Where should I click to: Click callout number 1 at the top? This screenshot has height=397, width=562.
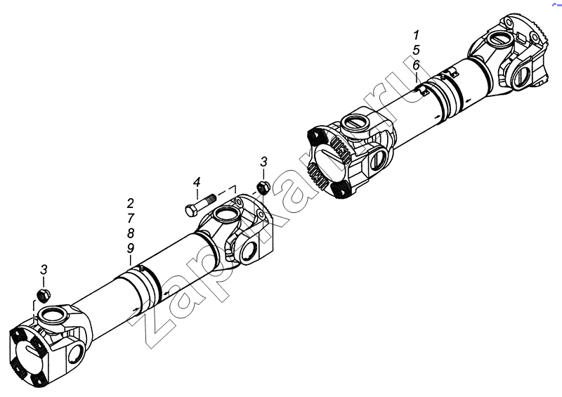416,35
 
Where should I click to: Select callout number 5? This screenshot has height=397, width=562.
416,50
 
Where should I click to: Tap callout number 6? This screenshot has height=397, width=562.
416,65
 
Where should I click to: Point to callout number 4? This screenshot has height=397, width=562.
197,182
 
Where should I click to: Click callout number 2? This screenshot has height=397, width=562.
131,203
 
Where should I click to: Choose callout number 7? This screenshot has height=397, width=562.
131,218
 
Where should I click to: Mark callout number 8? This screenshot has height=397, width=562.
131,233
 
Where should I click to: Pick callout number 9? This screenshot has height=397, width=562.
131,248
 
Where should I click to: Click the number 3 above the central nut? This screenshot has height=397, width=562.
264,162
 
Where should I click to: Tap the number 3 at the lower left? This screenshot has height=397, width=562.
44,269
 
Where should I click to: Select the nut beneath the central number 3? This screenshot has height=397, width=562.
264,188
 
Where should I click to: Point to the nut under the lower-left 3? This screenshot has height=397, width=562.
44,296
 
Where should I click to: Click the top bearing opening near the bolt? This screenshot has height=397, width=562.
226,216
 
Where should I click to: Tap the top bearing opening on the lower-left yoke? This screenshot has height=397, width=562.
53,315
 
